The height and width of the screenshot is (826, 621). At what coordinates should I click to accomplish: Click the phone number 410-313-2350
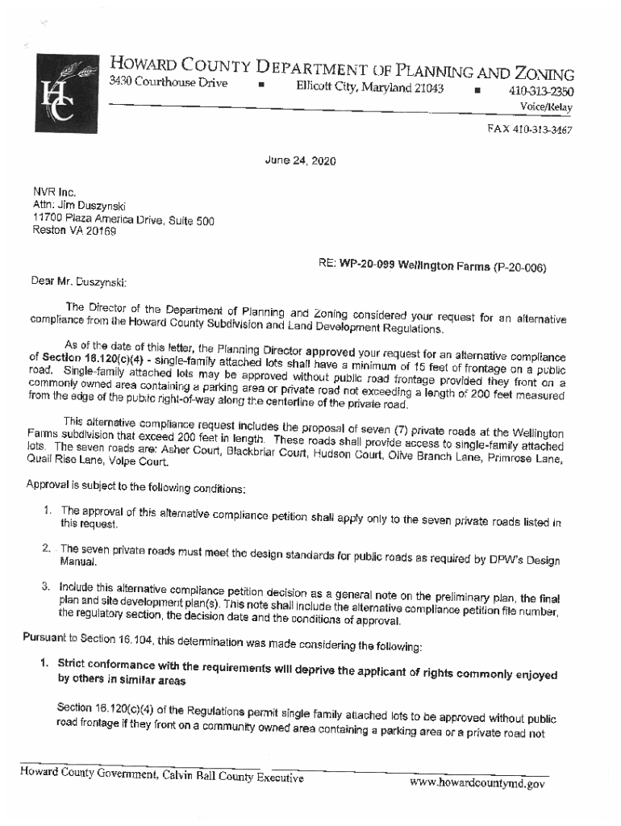[540, 91]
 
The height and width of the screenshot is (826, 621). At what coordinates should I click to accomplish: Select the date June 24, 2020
[300, 161]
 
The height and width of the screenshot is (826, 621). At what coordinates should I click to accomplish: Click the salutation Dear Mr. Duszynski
[79, 282]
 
